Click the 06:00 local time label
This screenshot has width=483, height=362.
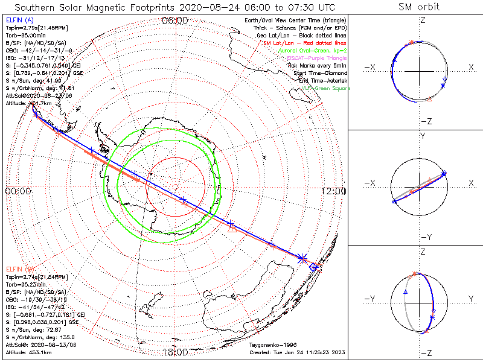click(x=175, y=20)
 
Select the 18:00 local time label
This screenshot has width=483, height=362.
click(x=175, y=352)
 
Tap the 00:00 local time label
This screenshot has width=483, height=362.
click(x=18, y=191)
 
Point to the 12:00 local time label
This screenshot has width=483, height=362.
click(x=333, y=191)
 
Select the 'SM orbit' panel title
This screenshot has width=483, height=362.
click(x=418, y=7)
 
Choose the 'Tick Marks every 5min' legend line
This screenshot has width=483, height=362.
click(x=318, y=66)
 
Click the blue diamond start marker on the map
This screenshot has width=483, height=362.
click(x=313, y=266)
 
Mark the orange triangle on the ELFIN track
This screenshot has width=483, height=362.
click(x=231, y=228)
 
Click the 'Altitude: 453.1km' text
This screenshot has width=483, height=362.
click(x=28, y=352)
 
